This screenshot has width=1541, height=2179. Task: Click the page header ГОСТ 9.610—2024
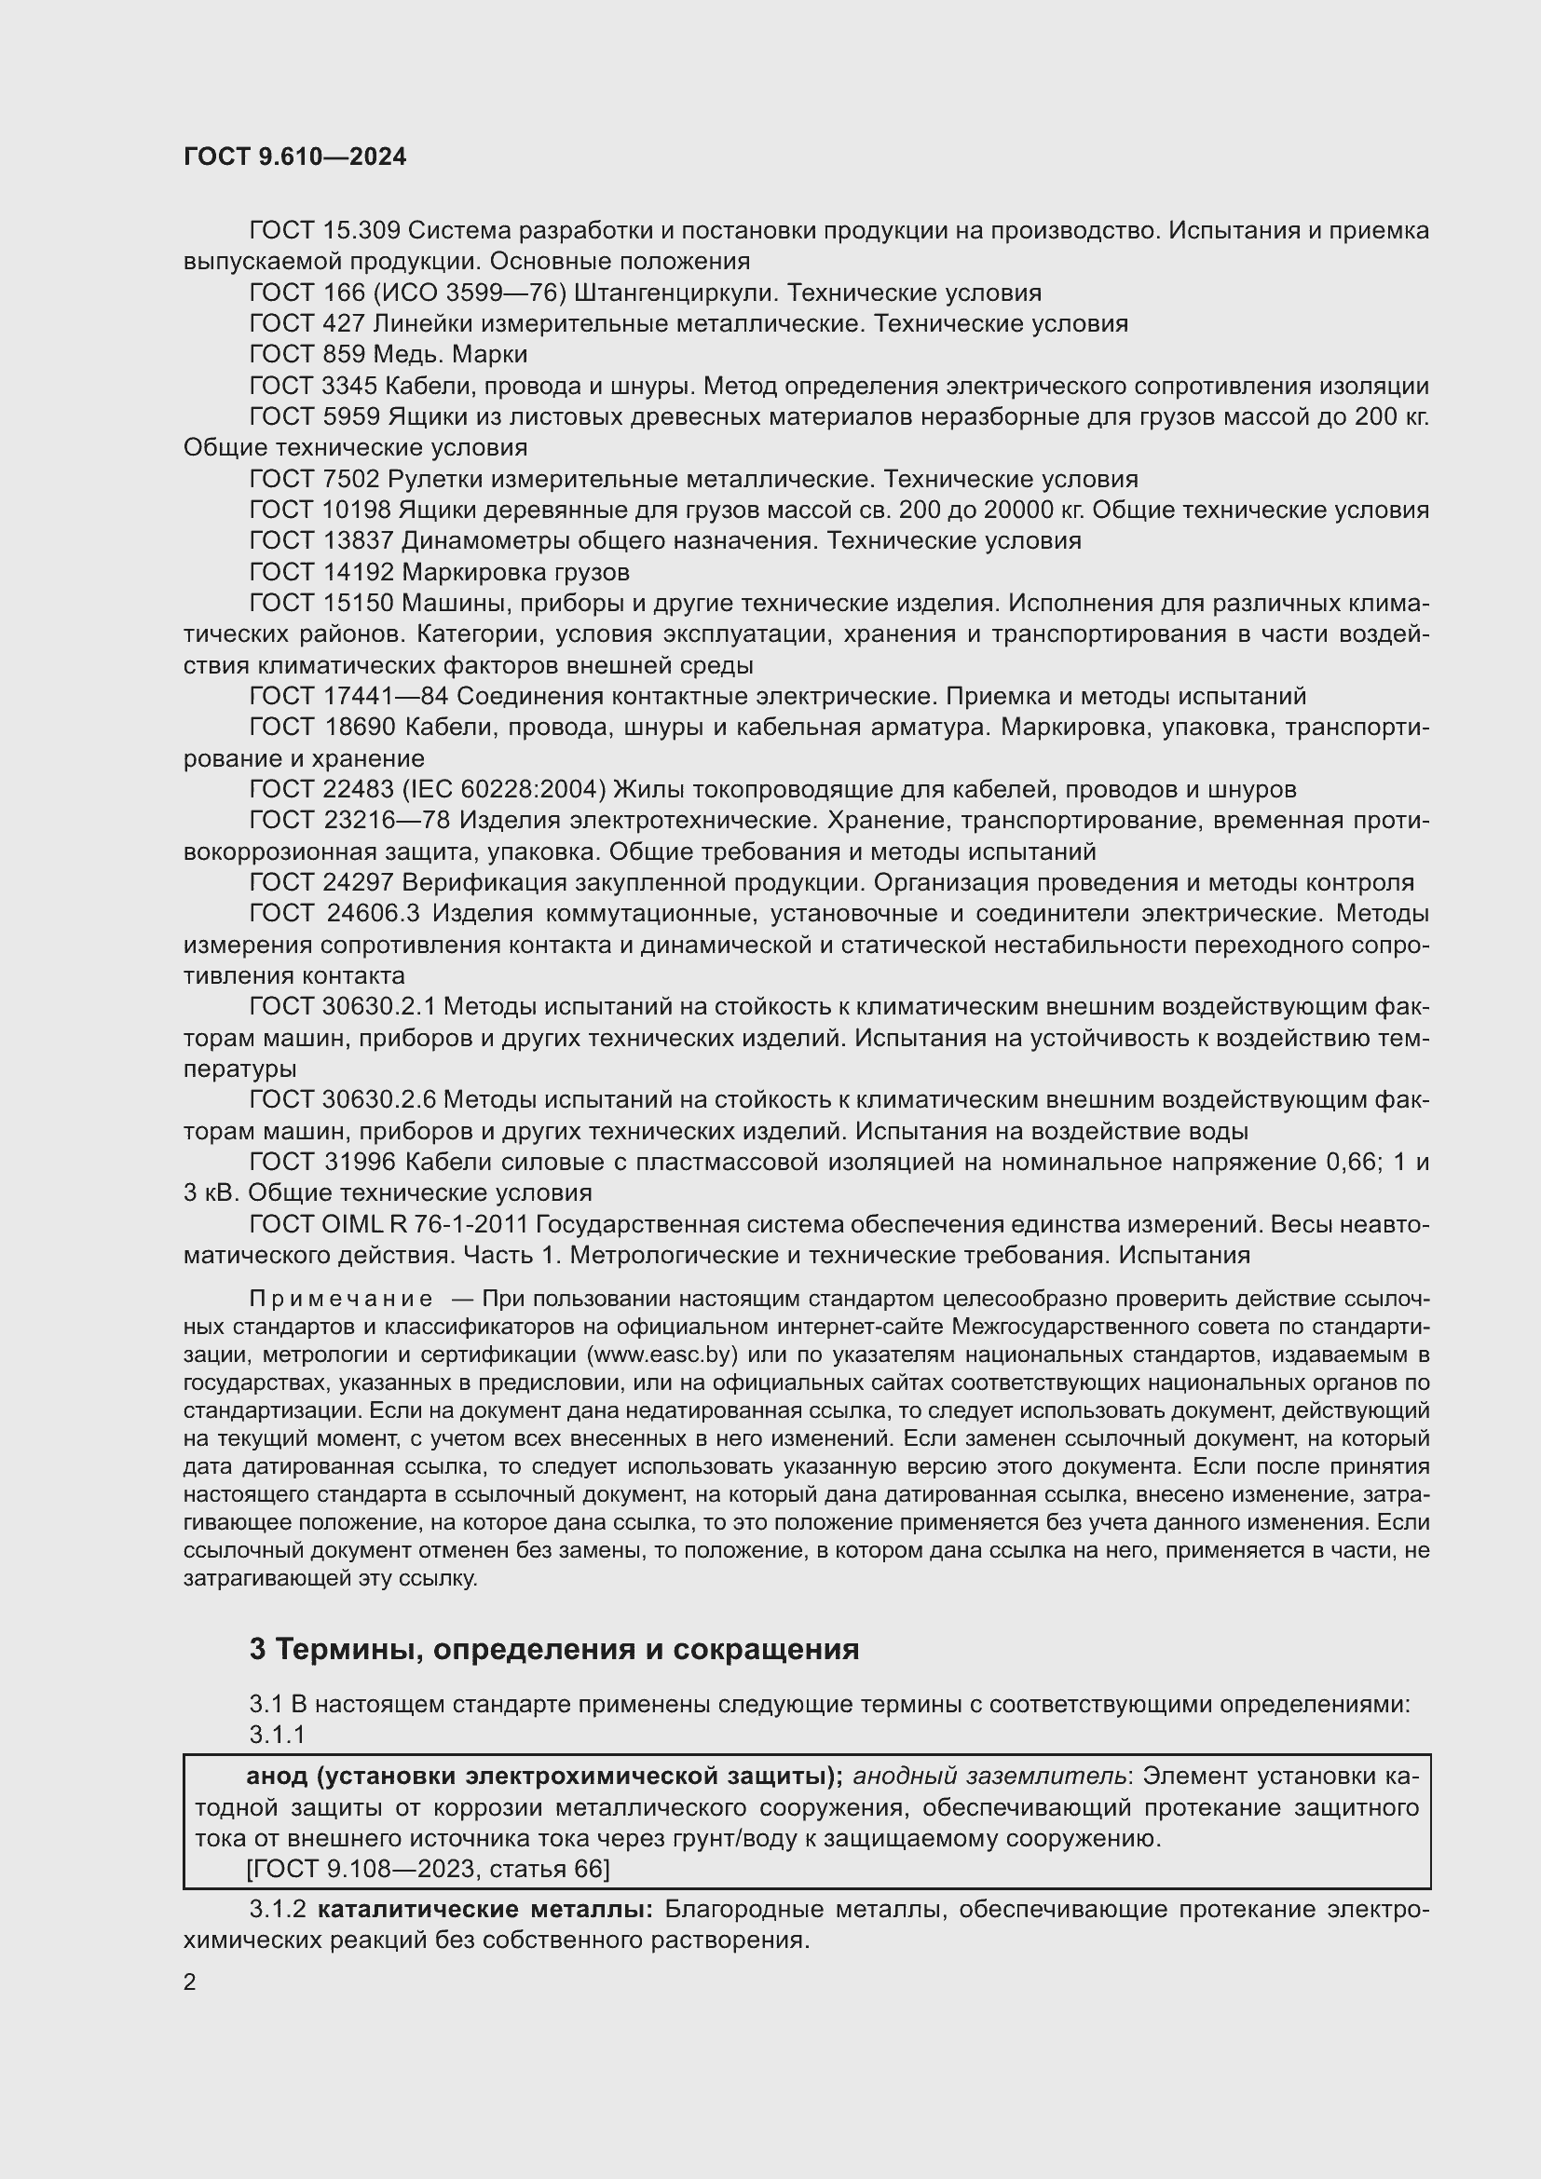coord(294,157)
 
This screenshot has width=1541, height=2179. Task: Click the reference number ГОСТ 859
coord(307,355)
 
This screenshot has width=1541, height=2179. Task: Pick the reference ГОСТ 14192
coord(321,572)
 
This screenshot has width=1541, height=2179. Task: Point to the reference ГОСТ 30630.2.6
coord(342,1100)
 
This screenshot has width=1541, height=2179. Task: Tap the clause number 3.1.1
coord(277,1736)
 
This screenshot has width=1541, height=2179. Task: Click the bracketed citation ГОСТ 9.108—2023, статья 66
coord(427,1870)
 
